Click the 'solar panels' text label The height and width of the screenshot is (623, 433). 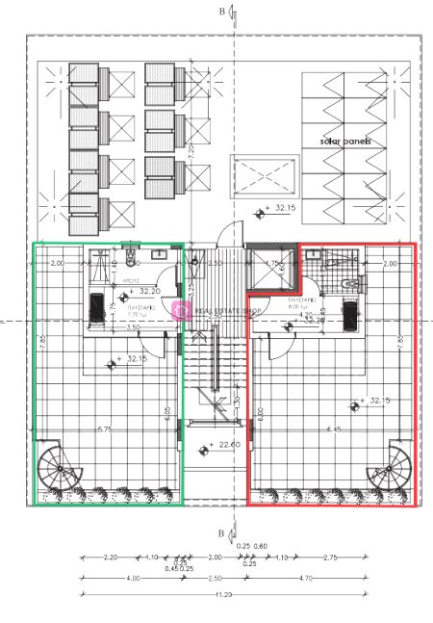point(346,141)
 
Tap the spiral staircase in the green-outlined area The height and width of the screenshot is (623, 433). point(60,471)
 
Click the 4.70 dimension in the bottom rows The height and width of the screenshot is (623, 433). point(306,578)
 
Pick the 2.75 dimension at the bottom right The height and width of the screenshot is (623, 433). point(329,558)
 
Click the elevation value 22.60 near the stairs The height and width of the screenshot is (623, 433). point(229,445)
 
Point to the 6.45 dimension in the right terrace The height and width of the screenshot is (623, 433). point(335,429)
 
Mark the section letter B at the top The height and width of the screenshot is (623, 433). point(221,13)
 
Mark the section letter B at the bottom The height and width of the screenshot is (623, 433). point(221,532)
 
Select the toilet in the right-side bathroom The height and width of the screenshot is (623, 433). point(351,282)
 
